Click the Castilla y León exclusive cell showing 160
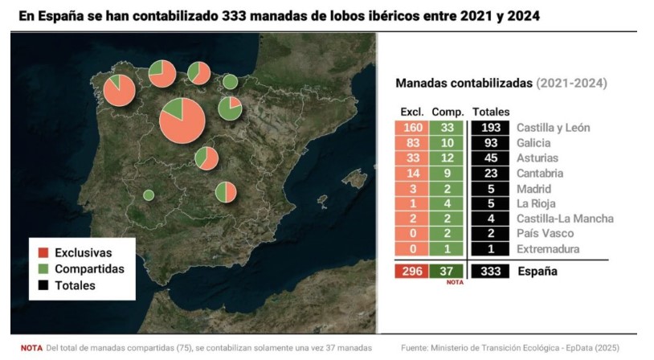pyautogui.click(x=411, y=128)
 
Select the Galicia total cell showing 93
pyautogui.click(x=490, y=143)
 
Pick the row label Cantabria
pyautogui.click(x=540, y=173)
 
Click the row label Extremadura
pyautogui.click(x=549, y=249)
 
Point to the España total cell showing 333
pyautogui.click(x=490, y=272)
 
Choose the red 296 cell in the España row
pyautogui.click(x=411, y=272)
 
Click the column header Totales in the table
pyautogui.click(x=491, y=112)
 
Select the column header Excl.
pyautogui.click(x=411, y=112)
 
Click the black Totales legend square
pyautogui.click(x=43, y=285)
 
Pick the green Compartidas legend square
pyautogui.click(x=43, y=269)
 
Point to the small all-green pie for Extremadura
pyautogui.click(x=149, y=194)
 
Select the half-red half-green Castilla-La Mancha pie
pyautogui.click(x=227, y=193)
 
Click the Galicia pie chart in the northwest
pyautogui.click(x=120, y=90)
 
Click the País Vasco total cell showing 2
pyautogui.click(x=490, y=234)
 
